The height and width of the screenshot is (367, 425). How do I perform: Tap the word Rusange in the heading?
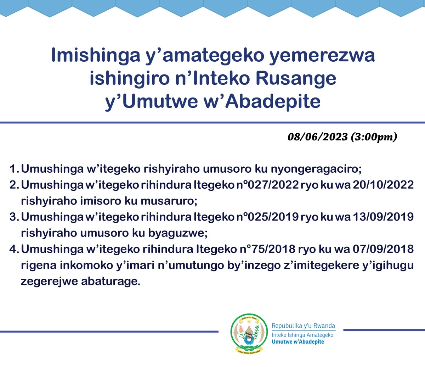pos(296,78)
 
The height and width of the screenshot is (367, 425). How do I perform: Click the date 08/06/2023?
pos(317,137)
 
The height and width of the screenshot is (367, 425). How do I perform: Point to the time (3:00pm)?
pos(374,137)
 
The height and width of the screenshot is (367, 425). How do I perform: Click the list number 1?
pos(13,169)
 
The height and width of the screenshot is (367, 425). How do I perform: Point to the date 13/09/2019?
pos(383,217)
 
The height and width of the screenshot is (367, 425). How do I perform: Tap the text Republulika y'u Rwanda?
pos(303,326)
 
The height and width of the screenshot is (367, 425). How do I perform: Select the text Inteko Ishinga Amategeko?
pos(302,335)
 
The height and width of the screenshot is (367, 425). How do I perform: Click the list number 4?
pos(13,249)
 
